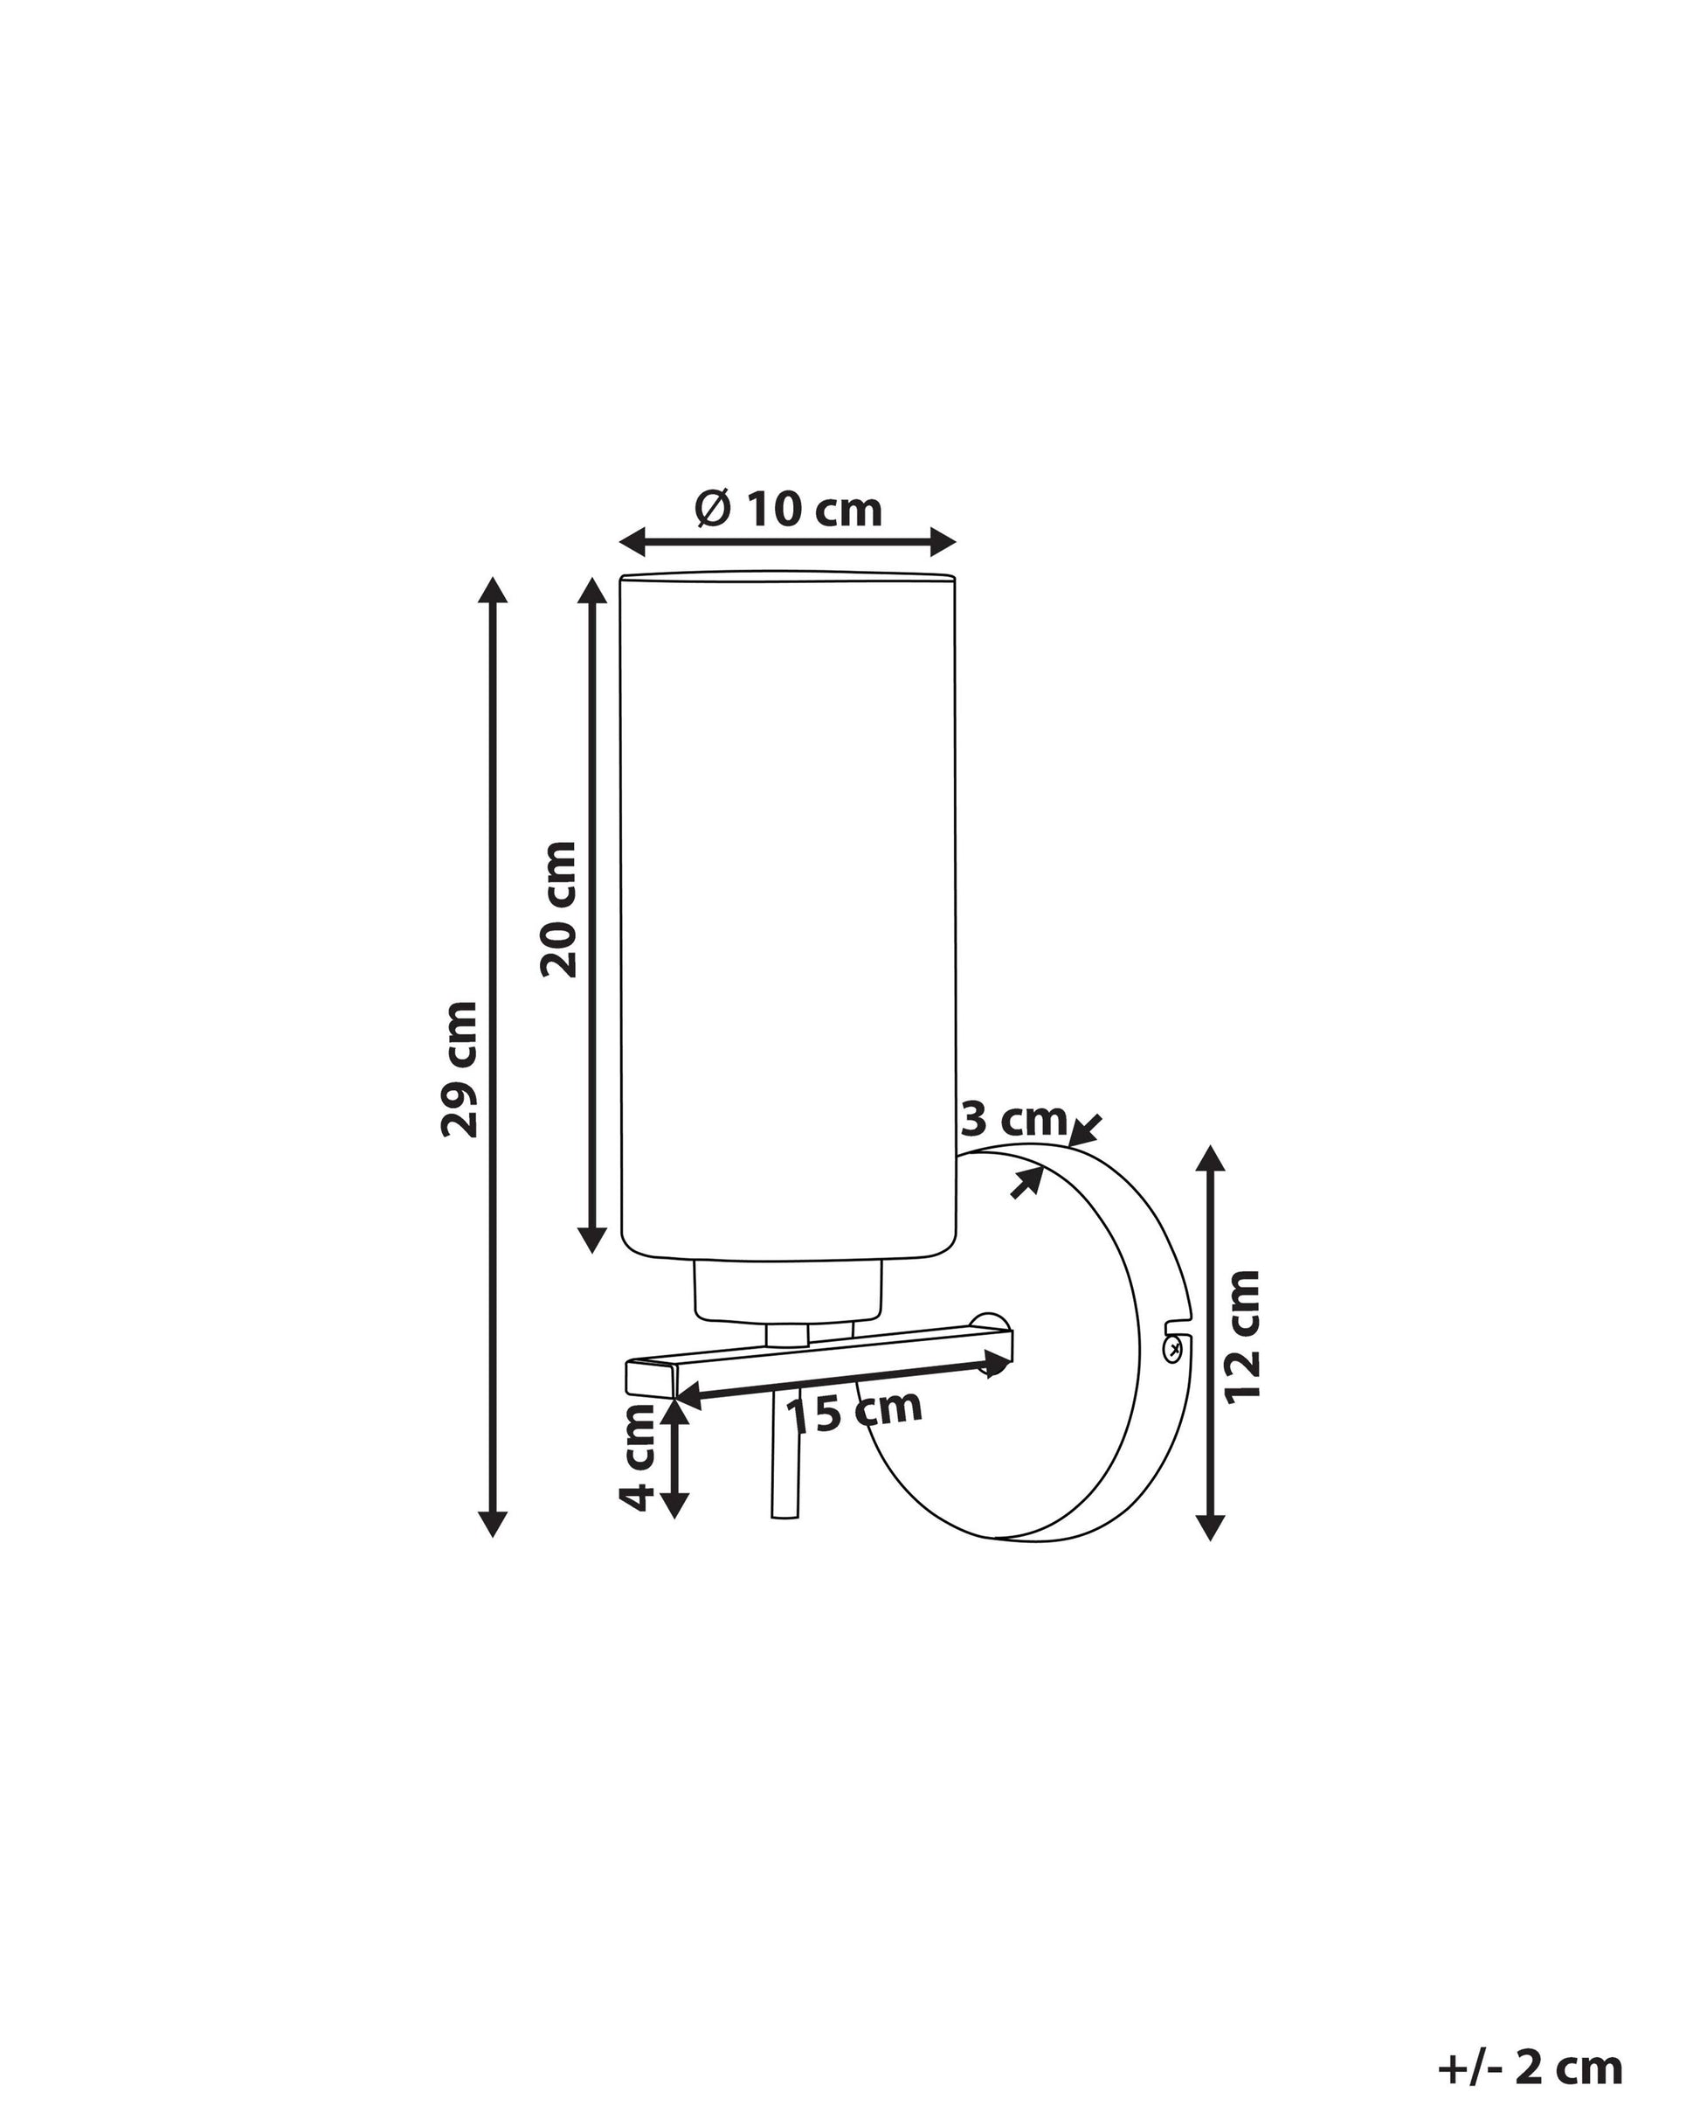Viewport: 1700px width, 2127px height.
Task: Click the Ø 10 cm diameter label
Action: tap(788, 510)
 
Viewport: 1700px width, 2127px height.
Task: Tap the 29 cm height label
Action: tap(460, 1069)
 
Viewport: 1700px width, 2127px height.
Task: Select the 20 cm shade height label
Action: tap(559, 909)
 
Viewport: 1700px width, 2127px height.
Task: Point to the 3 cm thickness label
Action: tap(1013, 1120)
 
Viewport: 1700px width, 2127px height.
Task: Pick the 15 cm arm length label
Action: tap(854, 1411)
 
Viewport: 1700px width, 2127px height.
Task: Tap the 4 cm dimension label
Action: tap(637, 1457)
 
